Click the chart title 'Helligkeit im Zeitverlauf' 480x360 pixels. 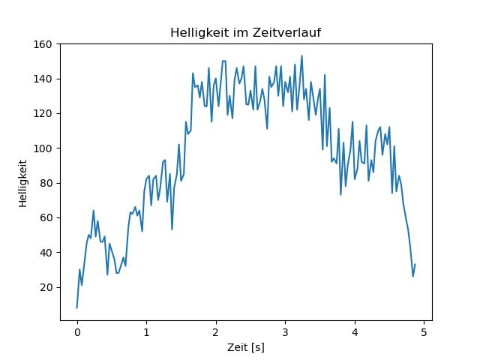[x=246, y=32]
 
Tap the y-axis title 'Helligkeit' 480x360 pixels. [x=23, y=182]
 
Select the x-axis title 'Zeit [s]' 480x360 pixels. [x=246, y=347]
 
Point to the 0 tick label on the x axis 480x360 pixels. [x=76, y=331]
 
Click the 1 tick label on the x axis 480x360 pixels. [x=146, y=331]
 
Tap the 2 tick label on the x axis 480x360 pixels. [x=215, y=331]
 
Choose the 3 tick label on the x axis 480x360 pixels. [x=285, y=331]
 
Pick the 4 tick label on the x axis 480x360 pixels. [x=354, y=331]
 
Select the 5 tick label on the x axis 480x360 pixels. [x=424, y=331]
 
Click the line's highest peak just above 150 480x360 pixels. [x=301, y=55]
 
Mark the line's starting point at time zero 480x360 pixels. [x=76, y=307]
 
